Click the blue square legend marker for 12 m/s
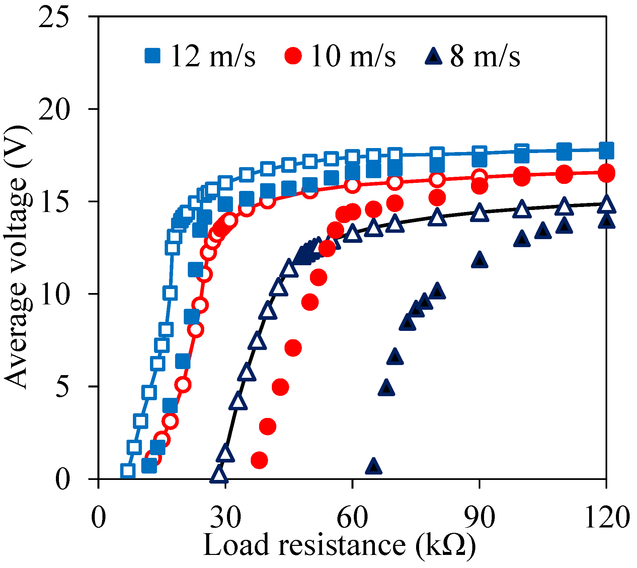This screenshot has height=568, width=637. point(152,56)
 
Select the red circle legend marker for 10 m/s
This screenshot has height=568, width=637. point(293,56)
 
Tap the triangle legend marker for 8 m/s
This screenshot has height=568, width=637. point(434,56)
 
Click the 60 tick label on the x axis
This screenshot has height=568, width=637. point(352,517)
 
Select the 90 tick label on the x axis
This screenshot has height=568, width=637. point(479,517)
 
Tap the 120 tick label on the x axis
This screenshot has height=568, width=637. point(605,517)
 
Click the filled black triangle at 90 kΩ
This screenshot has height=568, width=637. point(479,260)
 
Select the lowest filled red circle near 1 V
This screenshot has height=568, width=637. point(259,460)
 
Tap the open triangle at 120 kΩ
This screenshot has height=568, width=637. point(606,205)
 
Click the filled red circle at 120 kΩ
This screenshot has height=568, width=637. point(606,173)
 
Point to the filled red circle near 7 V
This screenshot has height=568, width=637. point(293,348)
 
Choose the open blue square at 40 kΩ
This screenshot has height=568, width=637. point(267,169)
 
